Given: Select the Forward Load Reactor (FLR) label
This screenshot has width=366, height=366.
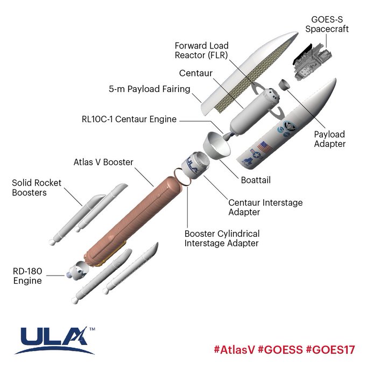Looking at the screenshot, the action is click(x=202, y=50).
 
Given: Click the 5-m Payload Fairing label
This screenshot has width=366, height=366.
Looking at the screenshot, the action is click(x=150, y=88).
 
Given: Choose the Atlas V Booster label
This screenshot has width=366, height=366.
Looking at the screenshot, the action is click(x=103, y=161).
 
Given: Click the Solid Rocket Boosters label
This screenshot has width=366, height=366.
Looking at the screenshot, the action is click(x=37, y=187).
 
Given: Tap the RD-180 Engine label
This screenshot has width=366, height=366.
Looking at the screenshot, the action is click(x=29, y=275).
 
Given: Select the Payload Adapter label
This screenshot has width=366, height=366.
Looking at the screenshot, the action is click(x=330, y=139).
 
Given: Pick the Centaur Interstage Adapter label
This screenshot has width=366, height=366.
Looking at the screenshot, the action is click(x=265, y=207).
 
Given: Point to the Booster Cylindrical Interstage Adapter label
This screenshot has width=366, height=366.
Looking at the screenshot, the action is click(x=222, y=238).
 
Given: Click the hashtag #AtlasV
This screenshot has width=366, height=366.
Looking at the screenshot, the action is click(x=234, y=349).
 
